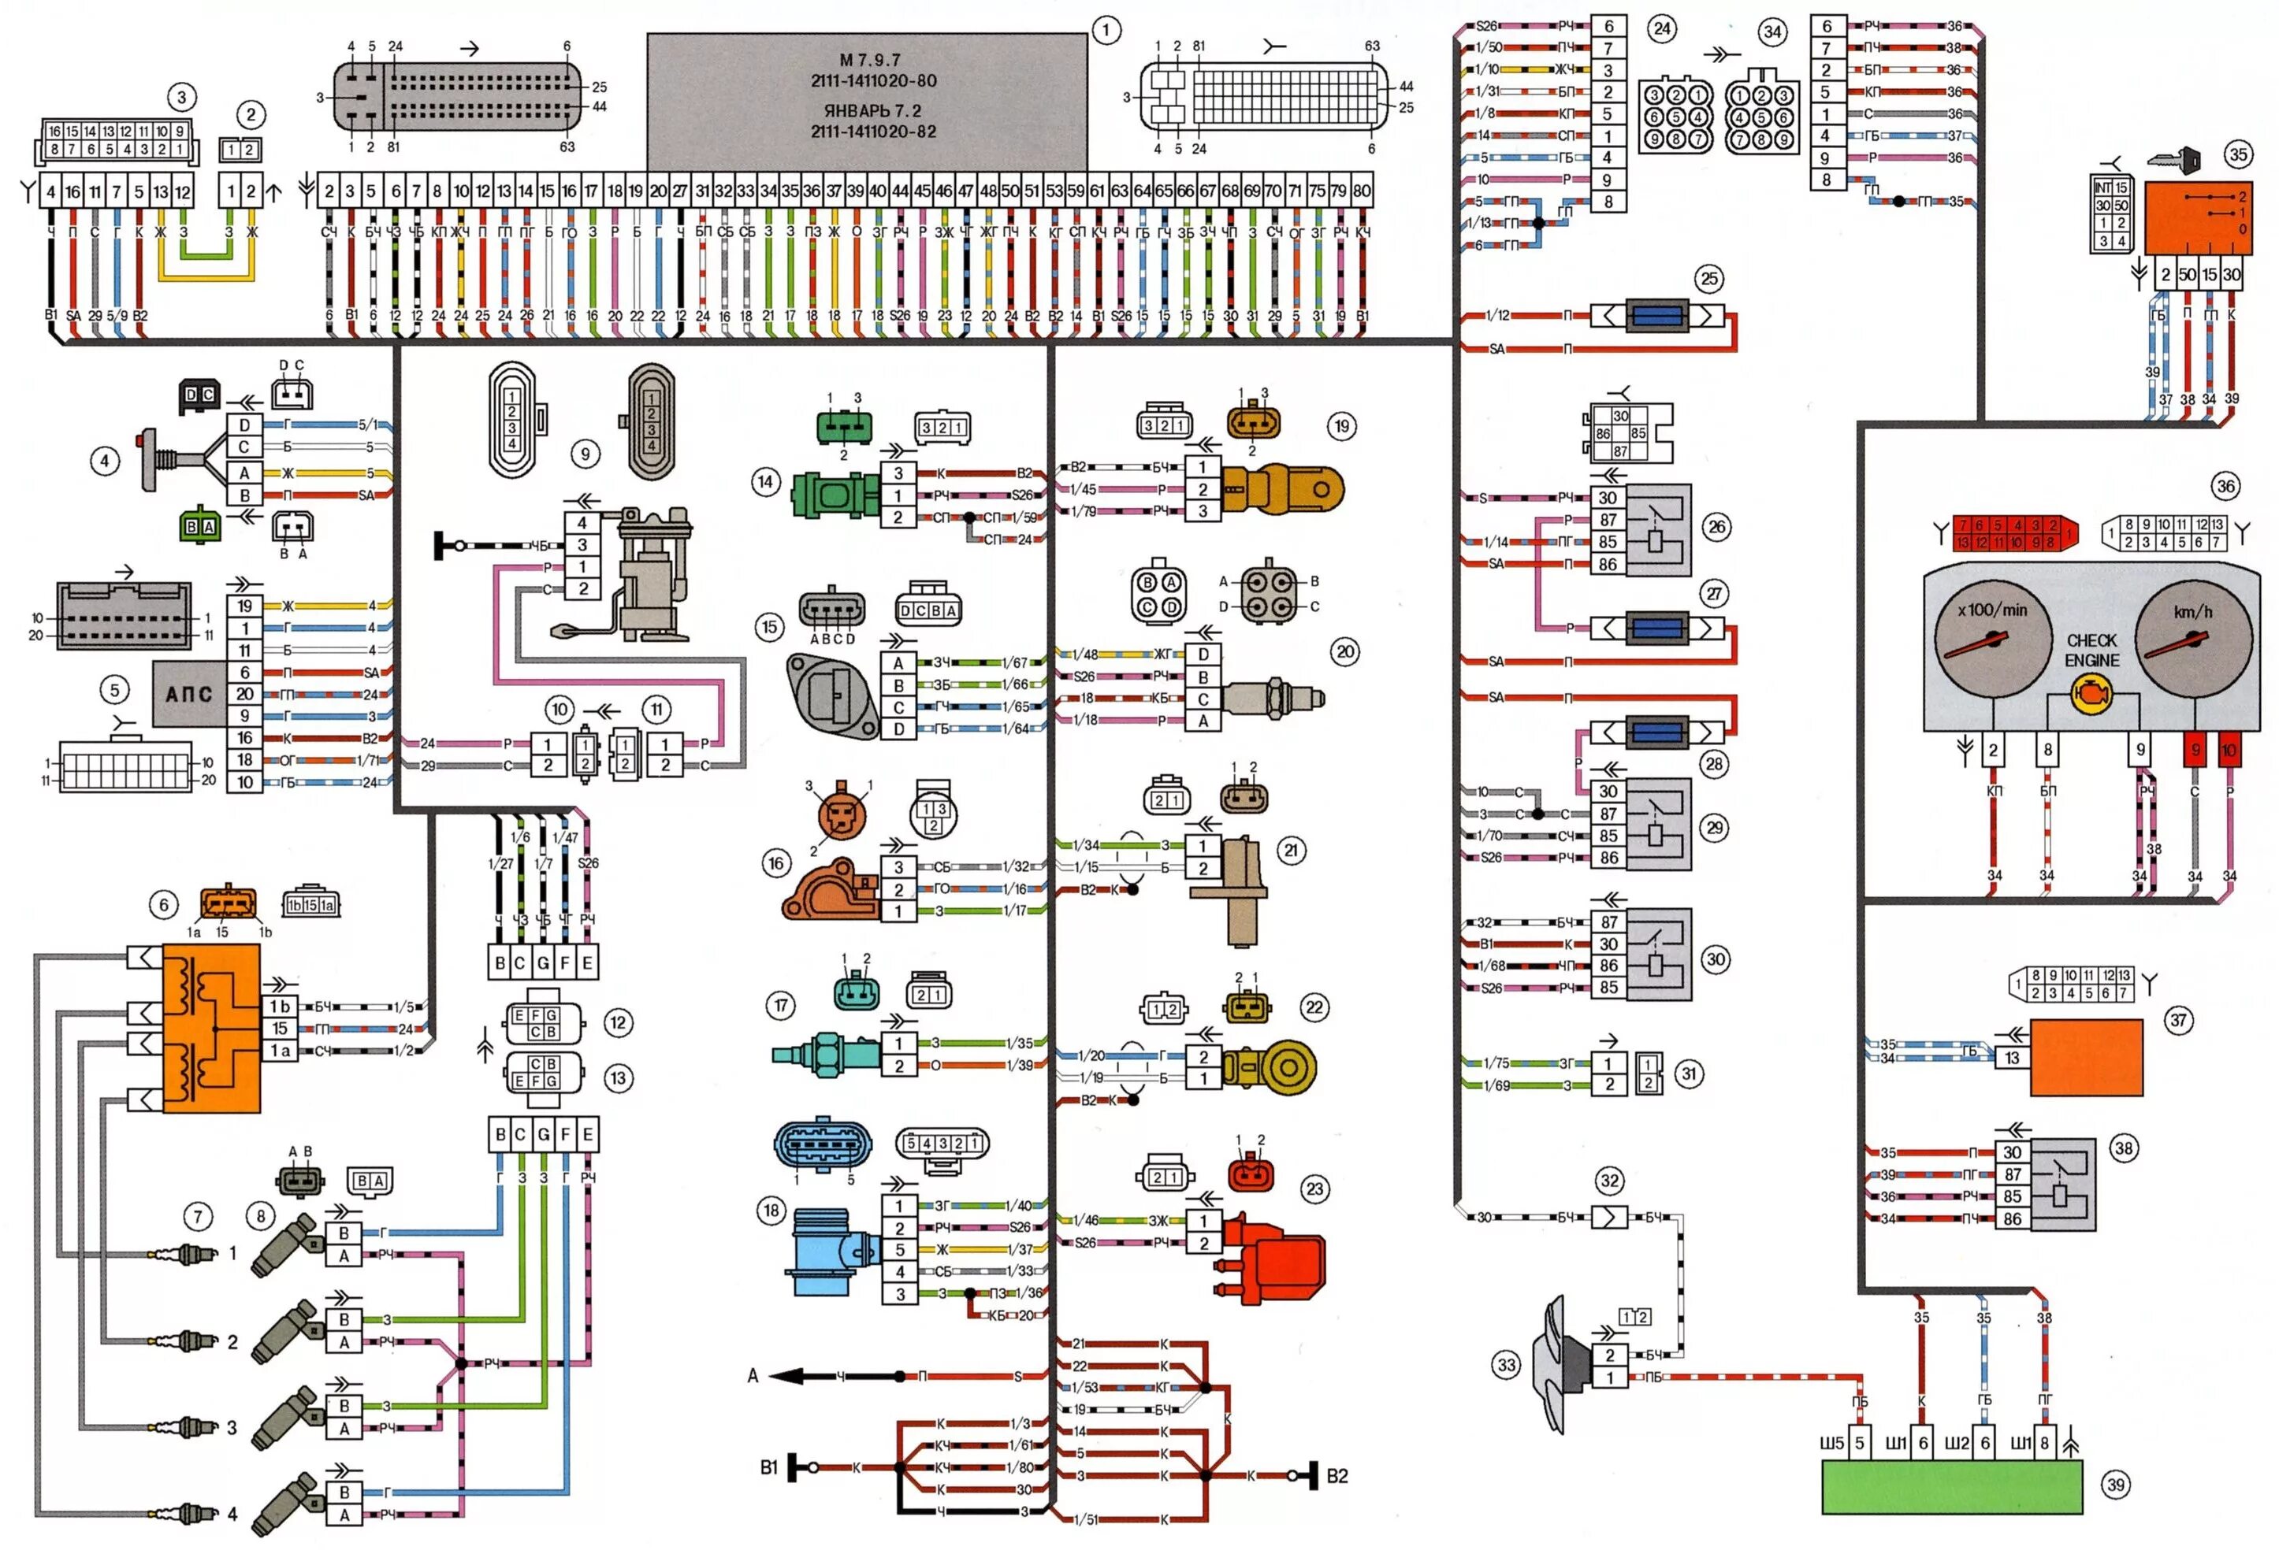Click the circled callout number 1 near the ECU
point(1106,31)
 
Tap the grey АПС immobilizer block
point(188,694)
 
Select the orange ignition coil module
point(211,1029)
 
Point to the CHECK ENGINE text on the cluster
point(2091,650)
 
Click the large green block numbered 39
point(1951,1486)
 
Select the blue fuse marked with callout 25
point(1656,316)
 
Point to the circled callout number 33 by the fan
point(1506,1365)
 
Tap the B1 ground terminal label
point(769,1467)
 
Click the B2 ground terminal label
point(1337,1475)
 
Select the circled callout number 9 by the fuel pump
point(586,454)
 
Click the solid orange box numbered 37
point(2086,1057)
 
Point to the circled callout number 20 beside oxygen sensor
point(1344,652)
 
